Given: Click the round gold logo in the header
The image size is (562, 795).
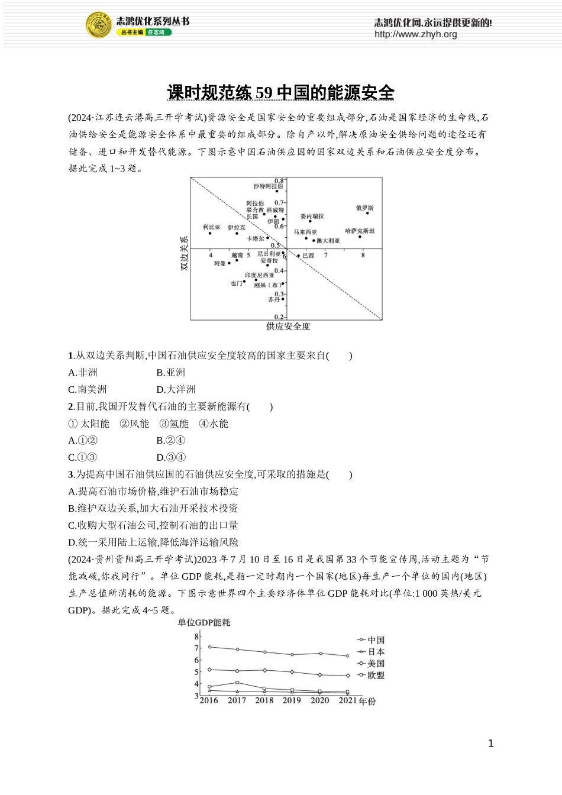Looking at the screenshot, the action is click(x=99, y=25).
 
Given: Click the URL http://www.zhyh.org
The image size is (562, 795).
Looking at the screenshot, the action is click(x=415, y=34).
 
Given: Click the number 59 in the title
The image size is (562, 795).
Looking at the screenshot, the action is click(x=264, y=93).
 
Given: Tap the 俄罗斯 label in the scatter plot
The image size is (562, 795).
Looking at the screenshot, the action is click(x=364, y=208).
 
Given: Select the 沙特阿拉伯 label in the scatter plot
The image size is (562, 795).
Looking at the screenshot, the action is click(x=268, y=186).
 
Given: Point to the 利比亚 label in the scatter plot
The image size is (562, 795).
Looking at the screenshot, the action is click(x=211, y=227).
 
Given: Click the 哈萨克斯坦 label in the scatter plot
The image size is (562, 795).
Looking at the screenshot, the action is click(x=360, y=231).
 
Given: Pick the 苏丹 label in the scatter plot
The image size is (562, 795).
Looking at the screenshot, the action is click(x=273, y=300).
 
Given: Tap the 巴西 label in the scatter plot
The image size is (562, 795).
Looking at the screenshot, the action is click(x=308, y=256).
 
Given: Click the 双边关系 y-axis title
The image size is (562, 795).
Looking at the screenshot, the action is click(x=184, y=253).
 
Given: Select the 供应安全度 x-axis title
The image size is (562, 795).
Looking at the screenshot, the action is click(x=288, y=327).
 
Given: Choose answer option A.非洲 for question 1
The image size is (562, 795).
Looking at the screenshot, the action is click(x=83, y=373).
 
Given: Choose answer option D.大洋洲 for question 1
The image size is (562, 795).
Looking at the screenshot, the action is click(x=176, y=390).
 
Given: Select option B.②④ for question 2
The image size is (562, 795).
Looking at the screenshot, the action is click(x=170, y=441).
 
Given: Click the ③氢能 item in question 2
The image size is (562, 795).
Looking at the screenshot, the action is click(x=174, y=424).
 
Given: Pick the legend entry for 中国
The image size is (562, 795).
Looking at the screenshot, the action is click(x=371, y=640).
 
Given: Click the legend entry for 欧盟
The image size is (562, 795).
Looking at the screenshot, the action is click(x=371, y=676).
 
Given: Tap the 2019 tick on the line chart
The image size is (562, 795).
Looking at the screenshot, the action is click(x=292, y=700).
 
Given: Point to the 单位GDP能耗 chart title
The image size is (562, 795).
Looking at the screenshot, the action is click(x=204, y=622).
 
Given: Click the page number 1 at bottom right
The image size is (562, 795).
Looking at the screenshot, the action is click(x=490, y=744).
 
